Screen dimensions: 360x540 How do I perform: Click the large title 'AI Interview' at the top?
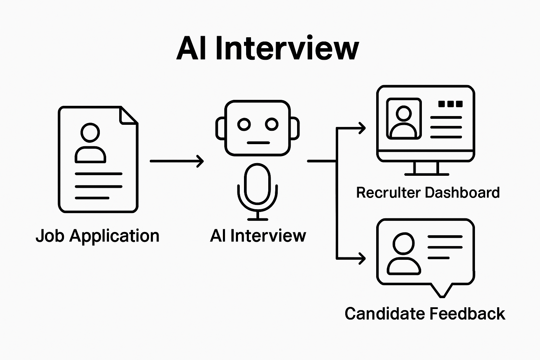[268, 48]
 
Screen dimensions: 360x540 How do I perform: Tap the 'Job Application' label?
[97, 236]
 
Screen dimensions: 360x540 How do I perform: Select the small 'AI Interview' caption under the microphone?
[258, 236]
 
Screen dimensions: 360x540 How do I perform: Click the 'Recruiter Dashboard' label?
[427, 193]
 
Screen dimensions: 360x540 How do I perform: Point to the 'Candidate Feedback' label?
[425, 314]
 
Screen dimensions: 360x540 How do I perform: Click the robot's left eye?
[244, 124]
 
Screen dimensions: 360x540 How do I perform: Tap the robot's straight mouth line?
[258, 143]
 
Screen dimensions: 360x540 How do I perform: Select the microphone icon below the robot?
[258, 190]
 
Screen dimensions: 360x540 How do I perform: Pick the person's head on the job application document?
[90, 133]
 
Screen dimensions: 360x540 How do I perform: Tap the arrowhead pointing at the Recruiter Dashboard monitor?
[362, 128]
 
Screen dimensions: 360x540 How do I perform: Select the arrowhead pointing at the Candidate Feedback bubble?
[362, 258]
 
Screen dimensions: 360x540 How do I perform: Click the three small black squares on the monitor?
[450, 104]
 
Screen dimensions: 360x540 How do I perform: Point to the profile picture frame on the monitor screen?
[404, 118]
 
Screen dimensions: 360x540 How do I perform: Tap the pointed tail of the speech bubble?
[441, 291]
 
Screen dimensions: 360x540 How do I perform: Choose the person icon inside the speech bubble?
[404, 253]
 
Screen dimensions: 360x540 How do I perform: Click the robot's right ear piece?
[295, 128]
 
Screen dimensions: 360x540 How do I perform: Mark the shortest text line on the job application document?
[92, 198]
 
